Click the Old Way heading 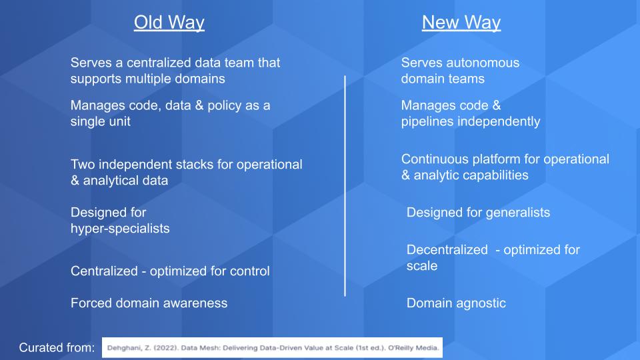(169, 23)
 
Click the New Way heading (461, 23)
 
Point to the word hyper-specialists (120, 229)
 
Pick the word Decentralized (447, 250)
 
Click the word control (250, 271)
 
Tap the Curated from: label (57, 348)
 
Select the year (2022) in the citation (166, 348)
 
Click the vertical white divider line (345, 186)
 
